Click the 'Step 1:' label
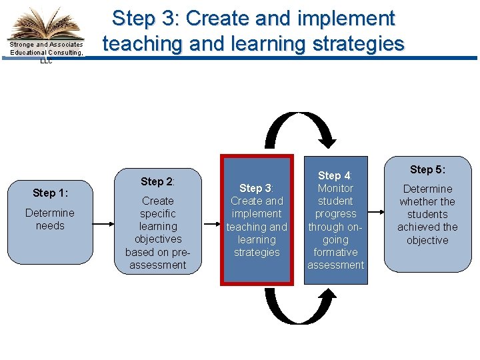pyautogui.click(x=50, y=193)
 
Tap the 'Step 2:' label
pyautogui.click(x=157, y=181)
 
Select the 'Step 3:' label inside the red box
pyautogui.click(x=256, y=189)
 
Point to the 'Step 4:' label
pyautogui.click(x=335, y=176)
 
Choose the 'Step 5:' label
pyautogui.click(x=427, y=169)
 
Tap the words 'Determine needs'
pyautogui.click(x=50, y=219)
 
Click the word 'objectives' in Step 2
pyautogui.click(x=158, y=239)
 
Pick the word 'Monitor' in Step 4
pyautogui.click(x=335, y=189)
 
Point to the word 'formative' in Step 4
pyautogui.click(x=335, y=252)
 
